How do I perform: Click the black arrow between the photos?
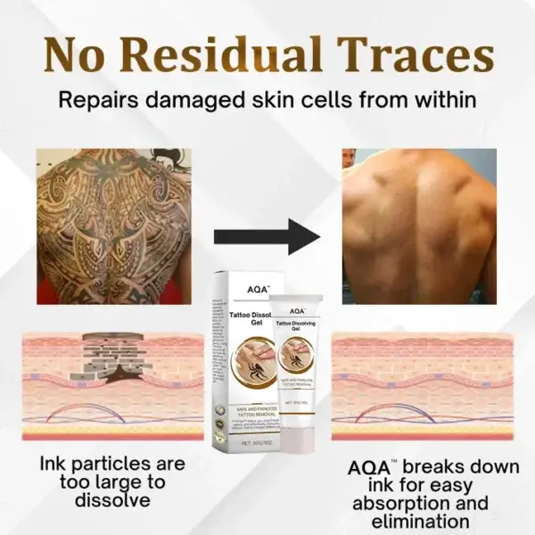(x=267, y=238)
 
